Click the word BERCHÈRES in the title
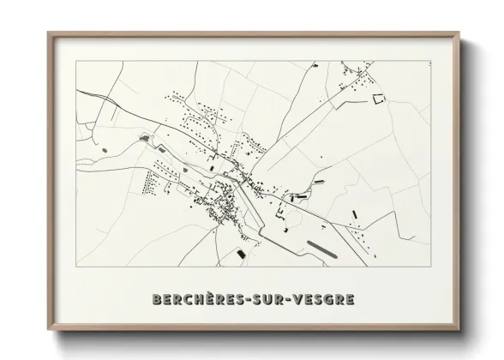tap(195, 301)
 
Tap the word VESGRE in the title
tap(321, 301)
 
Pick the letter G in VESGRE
tap(326, 301)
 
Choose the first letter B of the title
tap(154, 301)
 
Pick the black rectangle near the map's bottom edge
tap(241, 254)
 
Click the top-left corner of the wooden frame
tap(49, 33)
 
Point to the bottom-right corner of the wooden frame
tap(459, 330)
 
